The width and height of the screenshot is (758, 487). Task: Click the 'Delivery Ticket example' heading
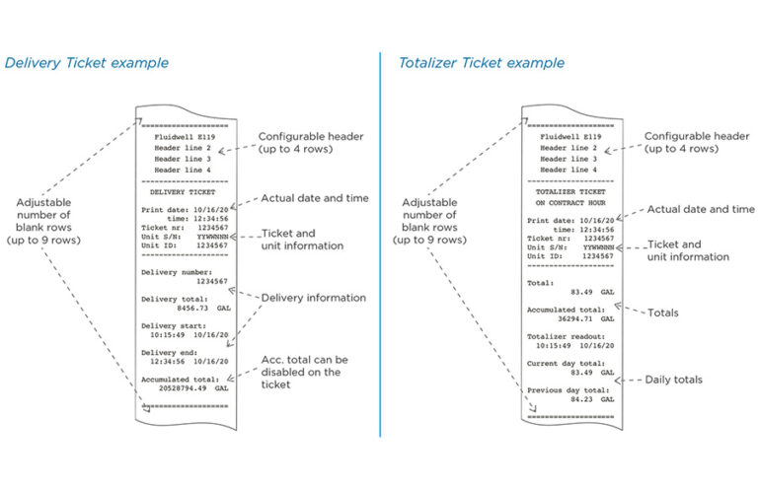pyautogui.click(x=87, y=63)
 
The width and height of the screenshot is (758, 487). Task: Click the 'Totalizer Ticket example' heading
pyautogui.click(x=482, y=63)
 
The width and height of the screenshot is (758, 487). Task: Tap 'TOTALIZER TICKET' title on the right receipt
pyautogui.click(x=571, y=190)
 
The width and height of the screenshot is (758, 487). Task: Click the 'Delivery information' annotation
pyautogui.click(x=313, y=298)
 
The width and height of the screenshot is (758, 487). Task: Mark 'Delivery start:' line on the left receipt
pyautogui.click(x=173, y=322)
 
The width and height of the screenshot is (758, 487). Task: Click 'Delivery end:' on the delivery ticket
pyautogui.click(x=170, y=352)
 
